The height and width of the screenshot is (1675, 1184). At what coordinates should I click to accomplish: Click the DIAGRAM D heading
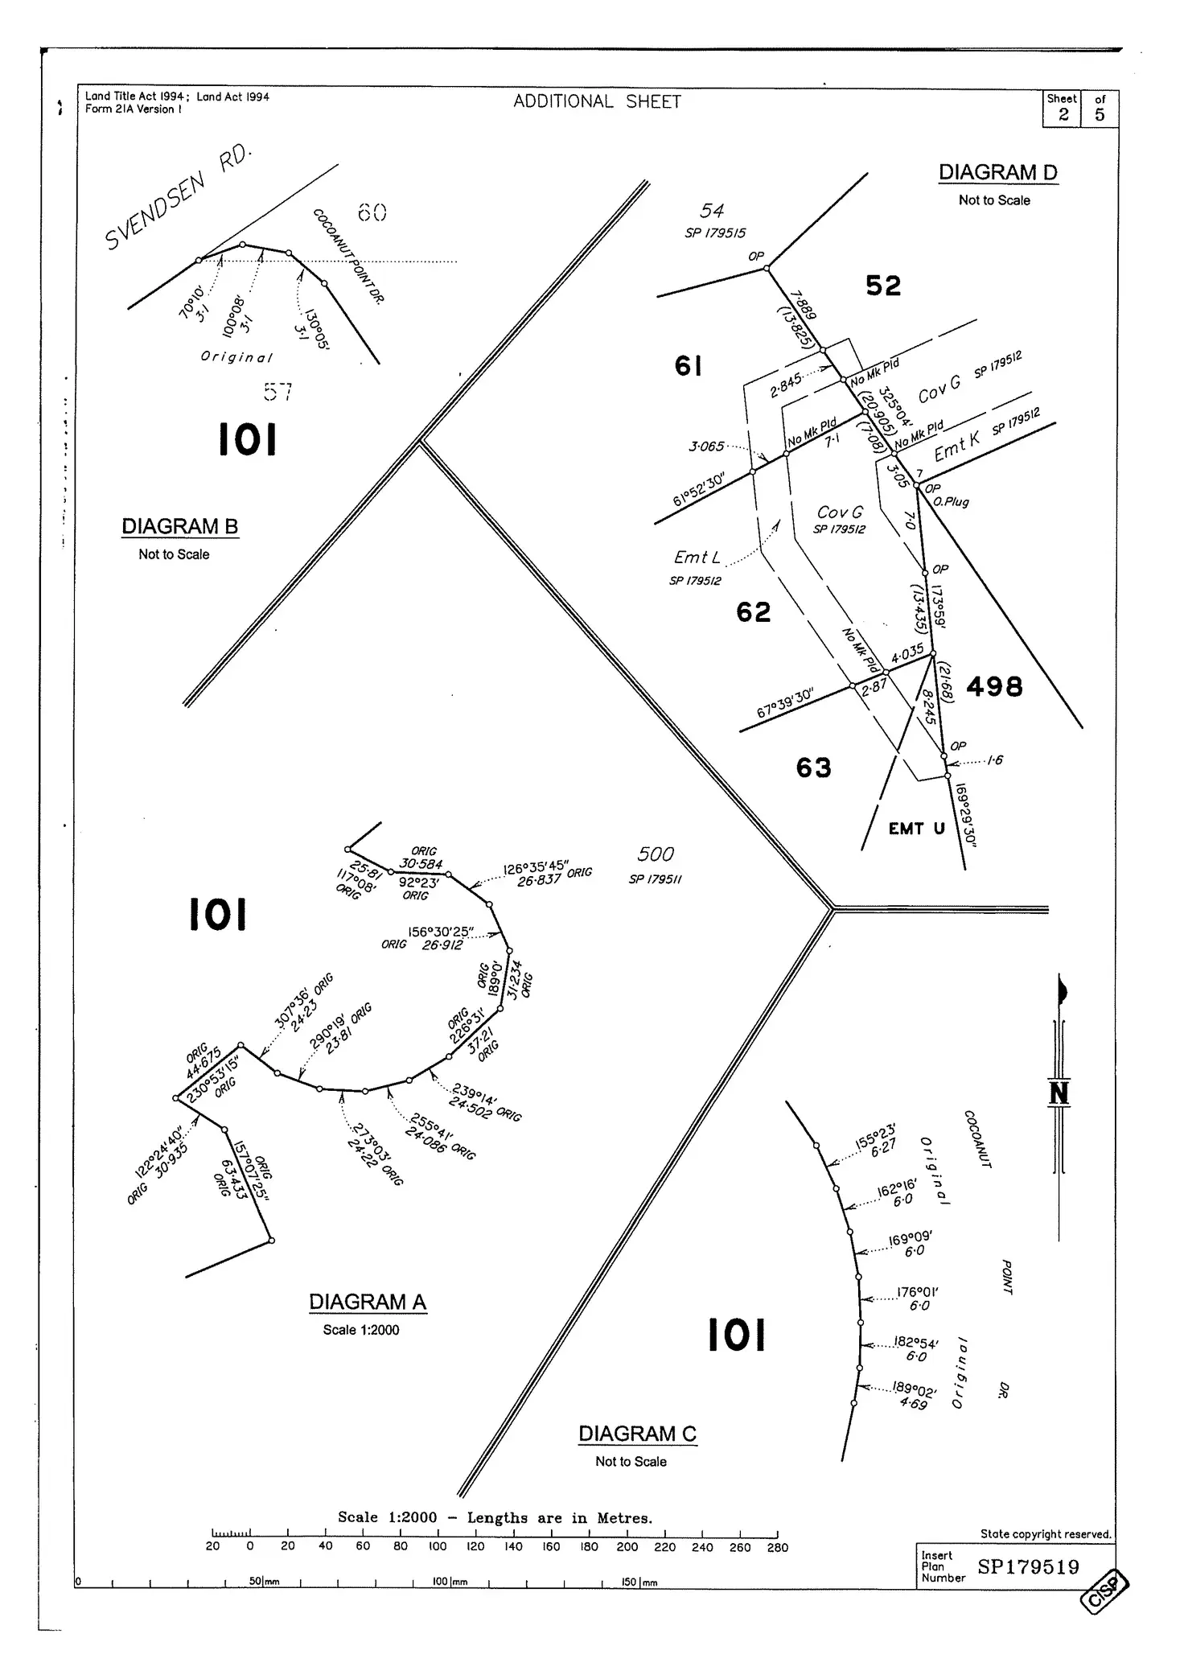(997, 172)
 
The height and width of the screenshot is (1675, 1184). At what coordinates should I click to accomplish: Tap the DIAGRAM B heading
(179, 526)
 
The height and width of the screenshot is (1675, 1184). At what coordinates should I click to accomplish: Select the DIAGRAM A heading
(368, 1302)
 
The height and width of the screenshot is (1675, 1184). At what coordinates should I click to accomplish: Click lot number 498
(994, 686)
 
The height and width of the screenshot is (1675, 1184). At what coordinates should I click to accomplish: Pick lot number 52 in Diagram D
(883, 286)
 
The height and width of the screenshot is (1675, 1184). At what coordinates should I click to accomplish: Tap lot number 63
(813, 768)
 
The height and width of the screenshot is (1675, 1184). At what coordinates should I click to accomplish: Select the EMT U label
(916, 829)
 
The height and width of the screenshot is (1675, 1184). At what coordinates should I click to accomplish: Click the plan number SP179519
(1028, 1567)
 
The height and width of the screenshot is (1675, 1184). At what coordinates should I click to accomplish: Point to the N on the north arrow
(1059, 1093)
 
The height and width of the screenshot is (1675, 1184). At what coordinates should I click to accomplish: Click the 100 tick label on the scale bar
(438, 1546)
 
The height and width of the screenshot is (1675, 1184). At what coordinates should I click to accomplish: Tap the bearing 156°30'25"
(441, 932)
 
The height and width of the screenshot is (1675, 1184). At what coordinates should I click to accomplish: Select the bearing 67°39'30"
(785, 703)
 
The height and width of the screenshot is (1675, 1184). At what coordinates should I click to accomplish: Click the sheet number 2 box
(1063, 114)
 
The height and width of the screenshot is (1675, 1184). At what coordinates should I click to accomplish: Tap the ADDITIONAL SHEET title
(597, 101)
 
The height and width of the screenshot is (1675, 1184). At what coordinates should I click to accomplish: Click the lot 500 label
(656, 854)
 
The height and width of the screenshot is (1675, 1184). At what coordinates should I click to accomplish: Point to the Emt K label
(957, 447)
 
